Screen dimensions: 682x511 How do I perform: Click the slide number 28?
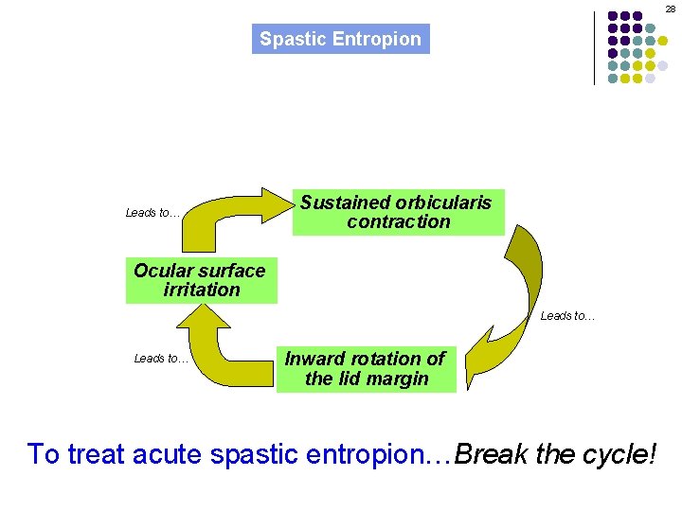tap(670, 9)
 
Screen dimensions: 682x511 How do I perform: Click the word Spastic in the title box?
tap(289, 40)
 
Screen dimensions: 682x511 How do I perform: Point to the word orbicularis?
tap(444, 203)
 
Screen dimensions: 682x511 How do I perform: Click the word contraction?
tap(399, 222)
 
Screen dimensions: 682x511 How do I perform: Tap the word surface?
tap(231, 271)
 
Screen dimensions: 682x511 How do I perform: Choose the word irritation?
tap(202, 291)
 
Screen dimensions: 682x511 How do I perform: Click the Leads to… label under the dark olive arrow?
tap(567, 316)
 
